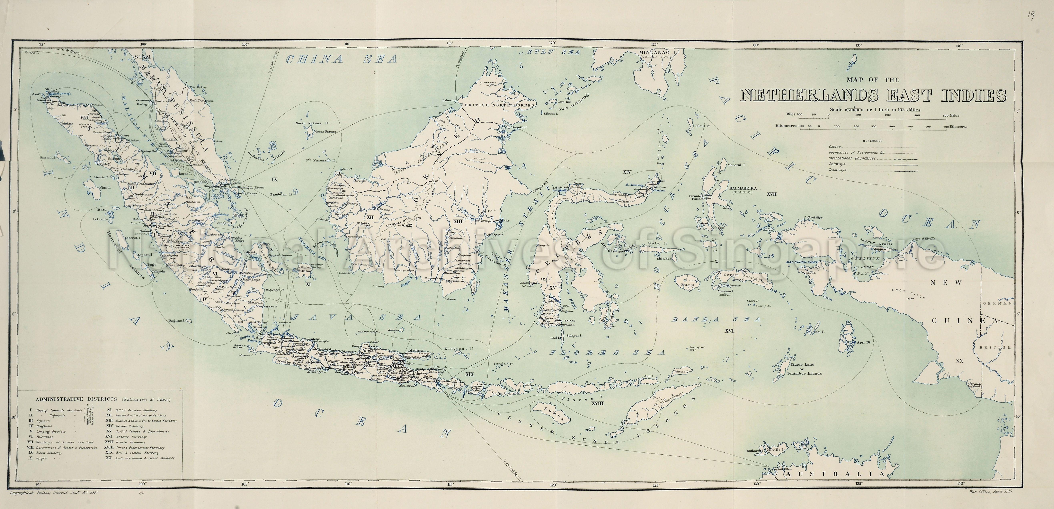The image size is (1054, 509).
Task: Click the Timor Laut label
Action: point(802,365)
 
